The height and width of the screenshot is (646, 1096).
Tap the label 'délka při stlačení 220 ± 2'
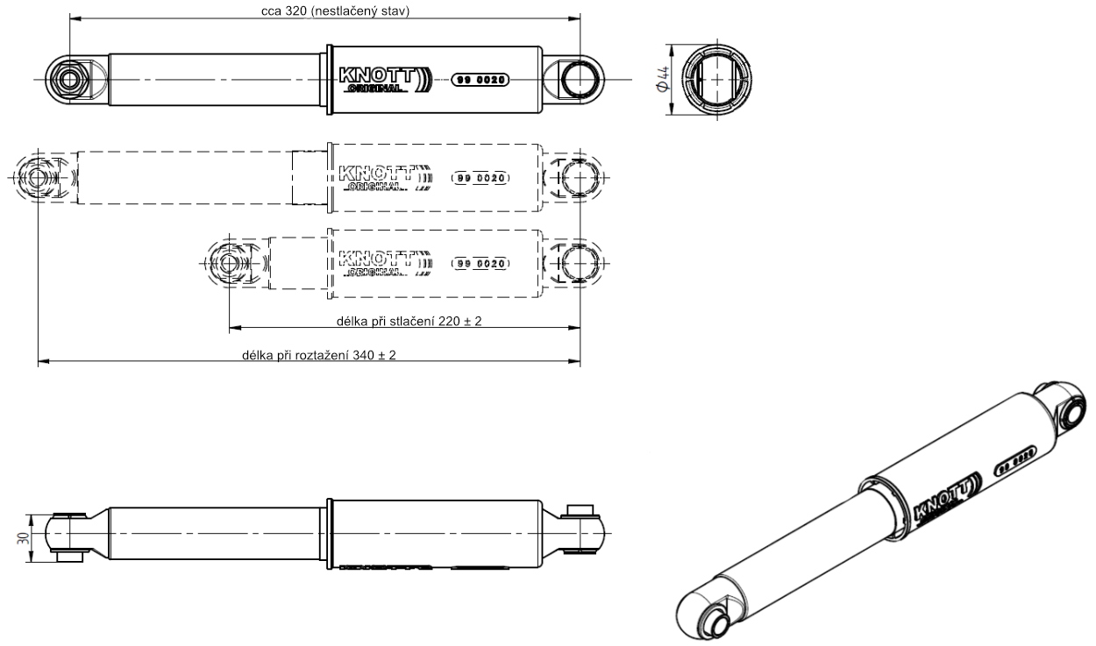coord(409,321)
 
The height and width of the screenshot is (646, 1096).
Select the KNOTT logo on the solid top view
coord(385,78)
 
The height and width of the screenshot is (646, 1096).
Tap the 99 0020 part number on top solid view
coord(480,79)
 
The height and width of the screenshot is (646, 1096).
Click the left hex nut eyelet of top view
coord(68,79)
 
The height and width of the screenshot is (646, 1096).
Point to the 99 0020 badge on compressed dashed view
coord(480,263)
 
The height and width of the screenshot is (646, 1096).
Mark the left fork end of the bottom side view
coord(67,535)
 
